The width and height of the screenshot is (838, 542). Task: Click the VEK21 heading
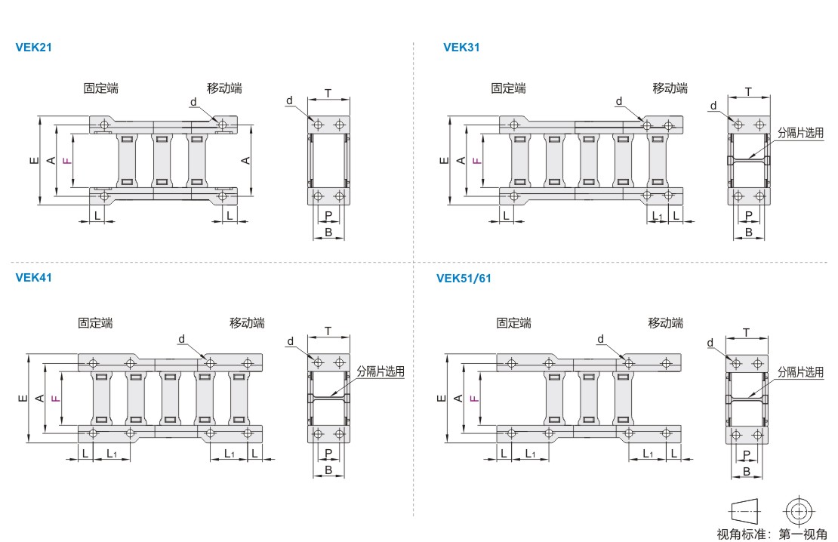34,47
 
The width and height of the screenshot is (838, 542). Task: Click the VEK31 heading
462,47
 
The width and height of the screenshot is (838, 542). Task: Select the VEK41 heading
34,277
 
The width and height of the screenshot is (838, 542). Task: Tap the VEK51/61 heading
464,278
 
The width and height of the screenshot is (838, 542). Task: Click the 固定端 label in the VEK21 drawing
101,88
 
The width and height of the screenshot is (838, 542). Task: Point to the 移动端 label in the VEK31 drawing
670,88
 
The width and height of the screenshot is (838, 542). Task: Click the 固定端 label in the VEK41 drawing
96,323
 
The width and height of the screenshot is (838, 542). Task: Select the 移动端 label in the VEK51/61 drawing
666,323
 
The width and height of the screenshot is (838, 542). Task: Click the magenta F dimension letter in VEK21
66,160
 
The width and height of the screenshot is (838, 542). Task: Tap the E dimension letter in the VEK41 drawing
23,399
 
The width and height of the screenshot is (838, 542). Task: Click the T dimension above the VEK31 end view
748,92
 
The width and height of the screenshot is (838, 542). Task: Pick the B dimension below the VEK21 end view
328,232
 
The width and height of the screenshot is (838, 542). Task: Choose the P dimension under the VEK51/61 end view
747,454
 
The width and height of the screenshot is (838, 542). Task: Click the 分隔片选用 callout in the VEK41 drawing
380,371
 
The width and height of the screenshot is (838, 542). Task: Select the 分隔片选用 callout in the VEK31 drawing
800,133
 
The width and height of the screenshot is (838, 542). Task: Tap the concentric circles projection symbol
799,511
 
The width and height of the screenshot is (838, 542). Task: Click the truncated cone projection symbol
744,512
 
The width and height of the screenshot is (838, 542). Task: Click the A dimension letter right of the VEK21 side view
246,160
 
